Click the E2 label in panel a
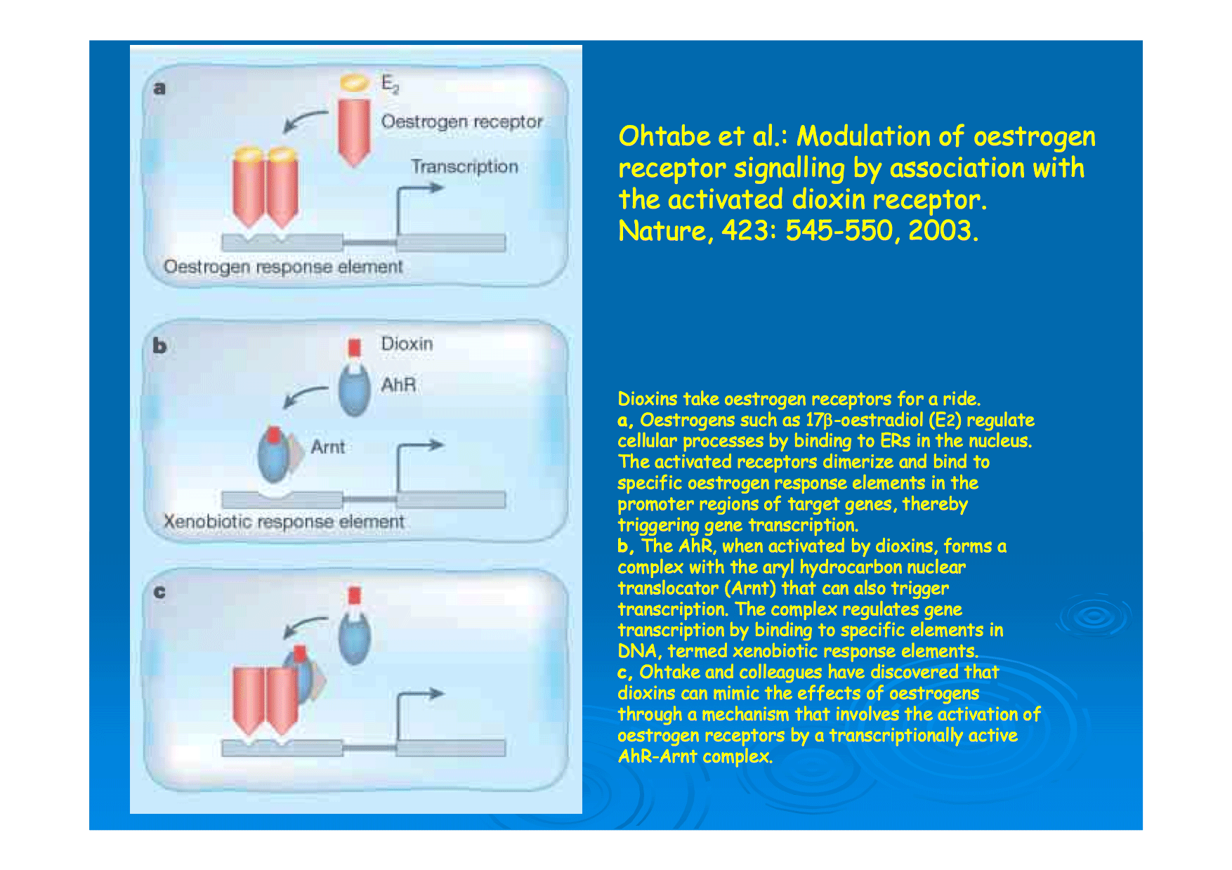(x=390, y=84)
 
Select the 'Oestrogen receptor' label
(x=461, y=121)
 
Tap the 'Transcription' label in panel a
(x=464, y=166)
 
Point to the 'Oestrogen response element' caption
(x=283, y=267)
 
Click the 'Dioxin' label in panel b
(x=407, y=343)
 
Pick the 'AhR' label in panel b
(x=398, y=385)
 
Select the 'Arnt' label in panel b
(x=327, y=447)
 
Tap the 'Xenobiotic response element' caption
(x=284, y=522)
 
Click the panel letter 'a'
(x=159, y=88)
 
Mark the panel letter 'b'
(x=159, y=345)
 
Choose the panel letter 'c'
(x=159, y=592)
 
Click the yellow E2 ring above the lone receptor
(x=355, y=82)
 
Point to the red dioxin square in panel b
(x=355, y=348)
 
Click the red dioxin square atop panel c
(x=355, y=595)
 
